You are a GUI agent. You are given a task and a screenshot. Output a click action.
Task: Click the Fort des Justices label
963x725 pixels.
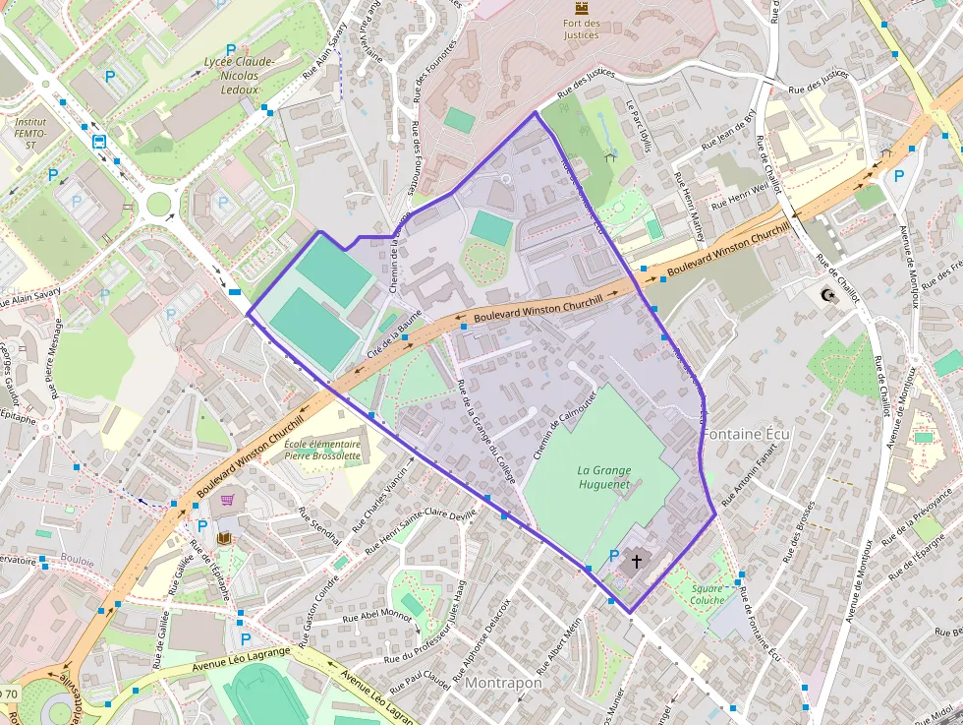pos(582,29)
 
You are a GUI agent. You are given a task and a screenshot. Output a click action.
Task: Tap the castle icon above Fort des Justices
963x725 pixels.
pos(582,7)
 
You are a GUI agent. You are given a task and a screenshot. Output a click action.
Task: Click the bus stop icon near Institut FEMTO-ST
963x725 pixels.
pos(100,141)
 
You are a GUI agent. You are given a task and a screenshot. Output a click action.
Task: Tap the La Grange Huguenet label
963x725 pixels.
pos(603,477)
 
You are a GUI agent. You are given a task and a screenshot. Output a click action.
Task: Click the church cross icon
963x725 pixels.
pos(636,562)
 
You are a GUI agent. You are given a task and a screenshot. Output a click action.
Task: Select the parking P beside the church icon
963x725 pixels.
pos(614,556)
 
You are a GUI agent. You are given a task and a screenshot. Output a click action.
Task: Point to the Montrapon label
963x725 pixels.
pos(503,682)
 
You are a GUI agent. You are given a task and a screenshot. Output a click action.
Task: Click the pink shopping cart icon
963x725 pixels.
pos(228,501)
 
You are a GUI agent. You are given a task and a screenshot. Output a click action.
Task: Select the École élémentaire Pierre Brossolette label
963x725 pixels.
pos(322,451)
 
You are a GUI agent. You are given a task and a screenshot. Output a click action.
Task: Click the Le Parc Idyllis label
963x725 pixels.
pos(640,127)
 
